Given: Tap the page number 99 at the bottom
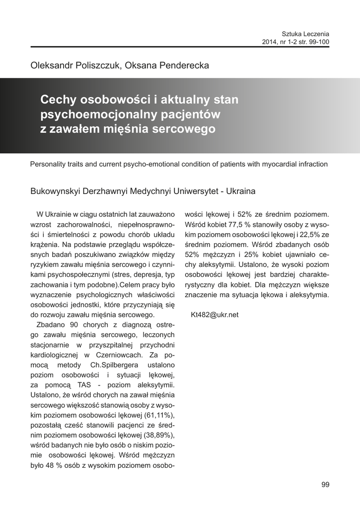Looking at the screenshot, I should point(325,485).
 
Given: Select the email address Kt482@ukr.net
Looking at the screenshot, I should point(215,315).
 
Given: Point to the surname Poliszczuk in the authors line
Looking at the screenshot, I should point(94,65).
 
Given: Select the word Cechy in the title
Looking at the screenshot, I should point(57,100).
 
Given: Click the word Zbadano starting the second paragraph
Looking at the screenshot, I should point(52,324).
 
